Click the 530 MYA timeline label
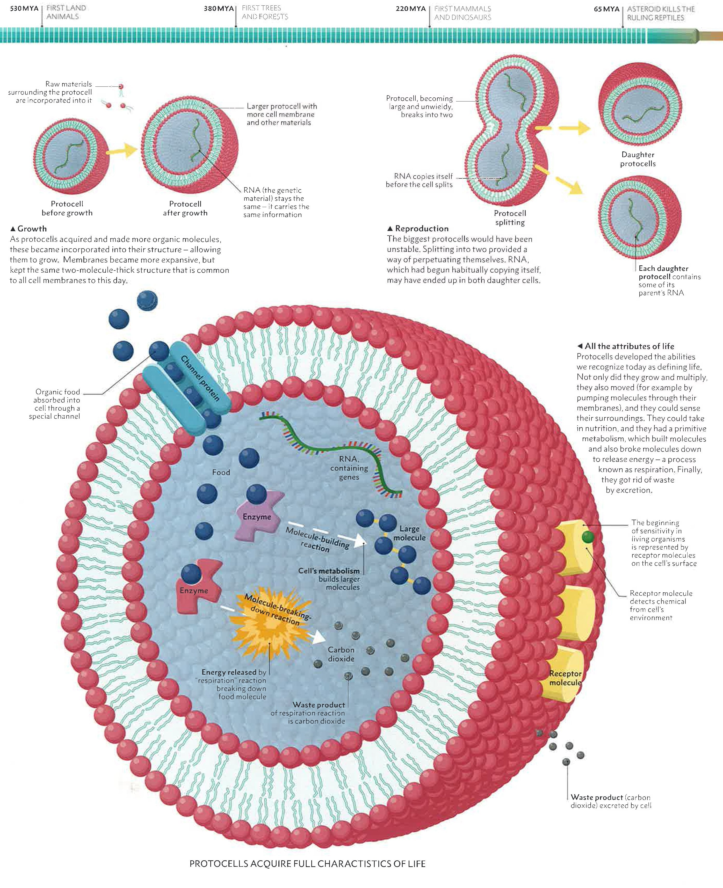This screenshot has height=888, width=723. click(x=24, y=8)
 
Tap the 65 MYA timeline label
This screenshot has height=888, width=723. click(x=606, y=9)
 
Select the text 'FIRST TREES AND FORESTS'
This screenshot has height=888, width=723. click(x=265, y=12)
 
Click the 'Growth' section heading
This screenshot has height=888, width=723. click(x=32, y=229)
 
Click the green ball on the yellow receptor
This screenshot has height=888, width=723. click(x=588, y=537)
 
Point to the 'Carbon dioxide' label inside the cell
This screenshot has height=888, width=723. click(x=341, y=654)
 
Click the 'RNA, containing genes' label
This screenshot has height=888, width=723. click(x=349, y=468)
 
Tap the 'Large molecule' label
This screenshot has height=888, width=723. click(x=409, y=533)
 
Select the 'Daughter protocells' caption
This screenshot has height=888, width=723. click(x=638, y=159)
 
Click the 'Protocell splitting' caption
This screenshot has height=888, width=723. click(x=510, y=218)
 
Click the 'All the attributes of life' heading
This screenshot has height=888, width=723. click(x=629, y=346)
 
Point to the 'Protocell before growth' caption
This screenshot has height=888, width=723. click(x=67, y=208)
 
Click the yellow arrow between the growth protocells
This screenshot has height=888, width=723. click(x=123, y=150)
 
